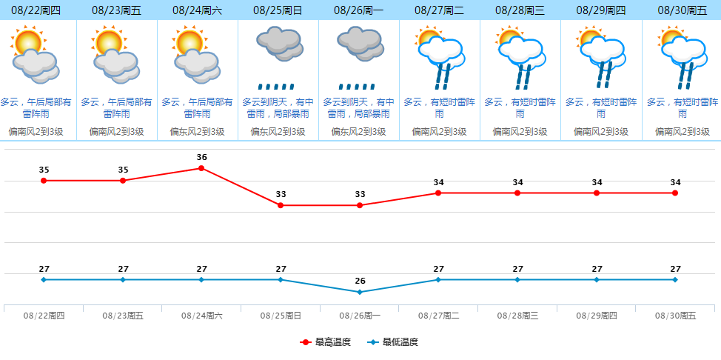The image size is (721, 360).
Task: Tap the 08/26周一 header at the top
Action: point(359,10)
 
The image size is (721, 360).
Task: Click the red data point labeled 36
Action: point(201,168)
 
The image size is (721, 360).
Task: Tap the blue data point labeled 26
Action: point(360,292)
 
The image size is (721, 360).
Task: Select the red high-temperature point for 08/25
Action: point(281,205)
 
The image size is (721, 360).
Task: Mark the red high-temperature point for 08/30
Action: point(675,193)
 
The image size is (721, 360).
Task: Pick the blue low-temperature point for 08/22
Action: point(44,279)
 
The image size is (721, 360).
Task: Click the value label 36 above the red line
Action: point(201,157)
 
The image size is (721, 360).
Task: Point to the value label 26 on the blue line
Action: point(360,281)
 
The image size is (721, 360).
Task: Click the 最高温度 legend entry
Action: point(326,342)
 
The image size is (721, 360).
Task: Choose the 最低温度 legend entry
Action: point(393,342)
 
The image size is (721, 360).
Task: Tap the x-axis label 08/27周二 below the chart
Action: point(438,316)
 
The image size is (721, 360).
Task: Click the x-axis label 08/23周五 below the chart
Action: point(123,316)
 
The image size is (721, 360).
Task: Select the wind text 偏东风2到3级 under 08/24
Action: point(197,132)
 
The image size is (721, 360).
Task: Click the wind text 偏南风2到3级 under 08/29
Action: point(600,132)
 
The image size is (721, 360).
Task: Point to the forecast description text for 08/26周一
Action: point(359,108)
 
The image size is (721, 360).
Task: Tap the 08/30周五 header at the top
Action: point(681,10)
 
